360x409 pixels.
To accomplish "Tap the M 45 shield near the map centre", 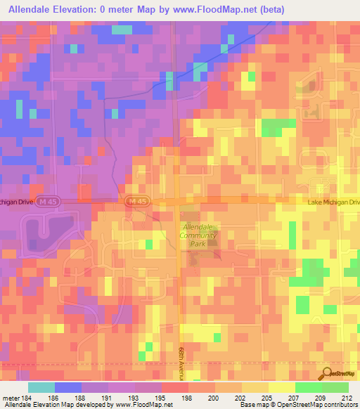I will pos(136,202).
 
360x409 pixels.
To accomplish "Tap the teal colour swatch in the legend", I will pos(41,387).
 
